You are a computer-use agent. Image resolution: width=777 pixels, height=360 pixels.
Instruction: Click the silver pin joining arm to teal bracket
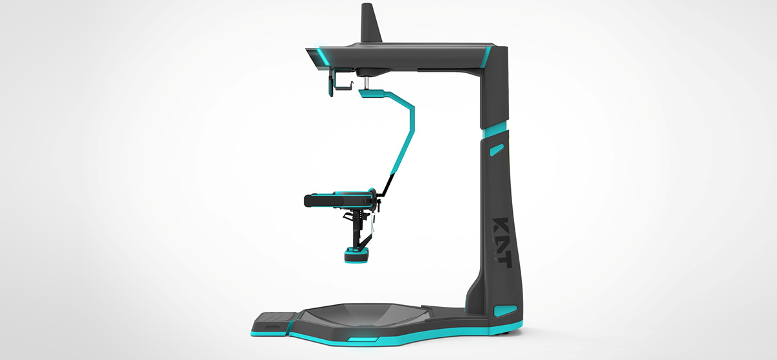(366, 83)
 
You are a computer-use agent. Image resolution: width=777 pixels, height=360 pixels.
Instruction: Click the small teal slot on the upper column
(496, 151)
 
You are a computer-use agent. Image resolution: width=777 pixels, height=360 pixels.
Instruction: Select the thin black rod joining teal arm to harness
(387, 184)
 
